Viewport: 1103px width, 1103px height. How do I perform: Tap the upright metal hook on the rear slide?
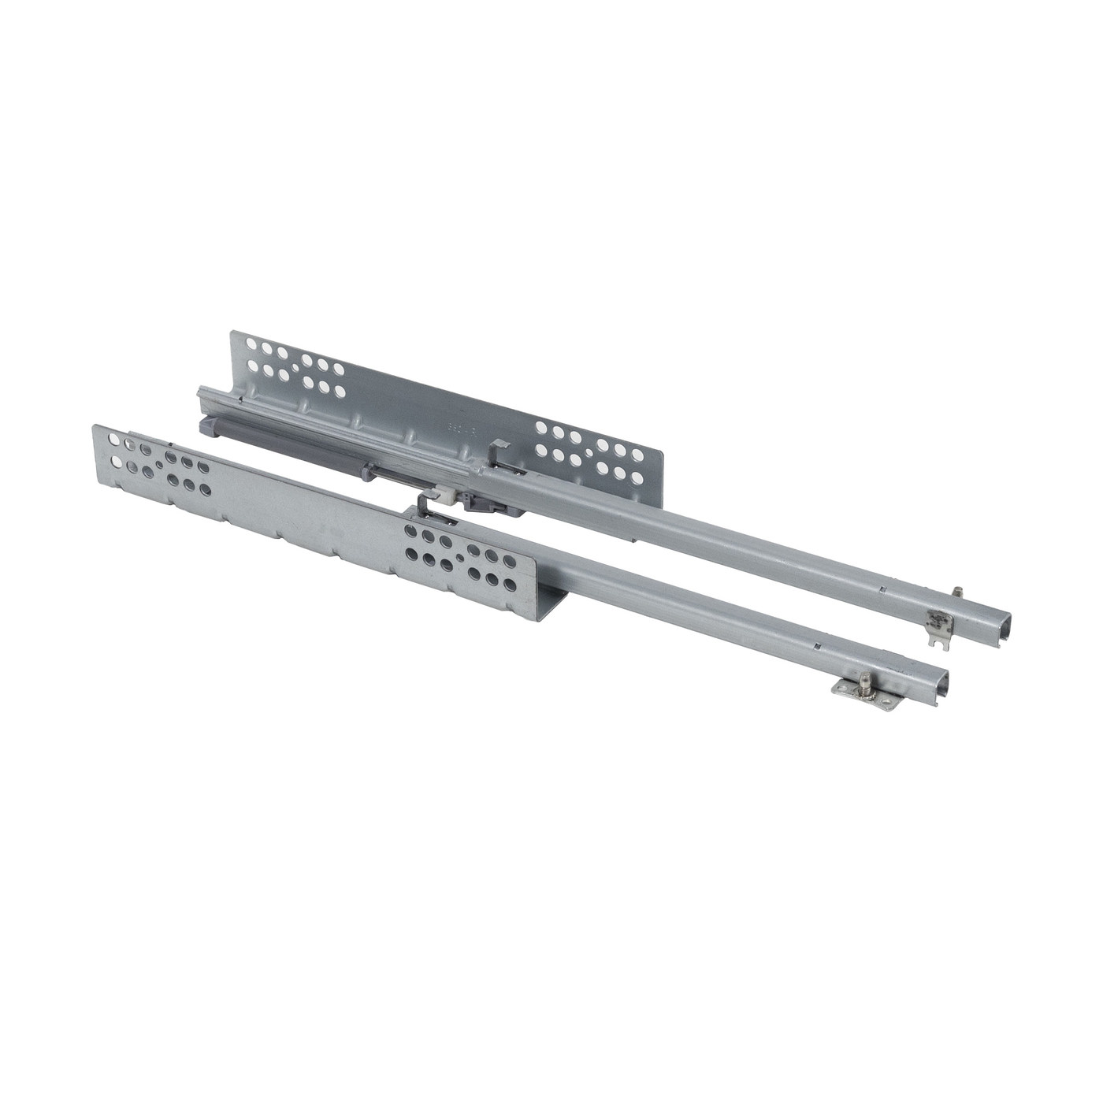point(495,452)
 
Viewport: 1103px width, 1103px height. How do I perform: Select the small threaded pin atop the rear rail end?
point(955,607)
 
